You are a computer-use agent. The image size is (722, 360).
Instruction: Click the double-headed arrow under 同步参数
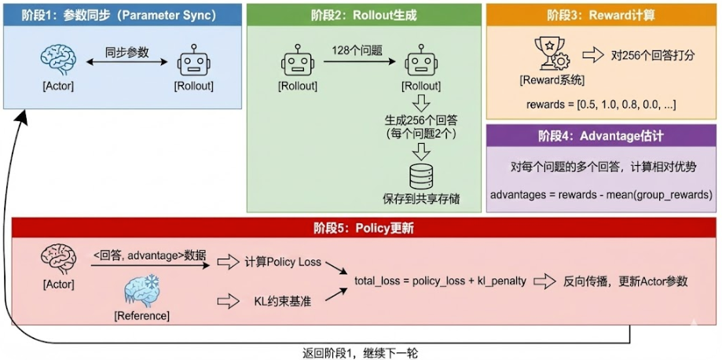(x=126, y=68)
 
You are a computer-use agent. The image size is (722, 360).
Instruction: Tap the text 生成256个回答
(x=423, y=120)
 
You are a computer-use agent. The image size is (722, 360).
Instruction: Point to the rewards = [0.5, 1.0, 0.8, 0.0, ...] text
(x=601, y=104)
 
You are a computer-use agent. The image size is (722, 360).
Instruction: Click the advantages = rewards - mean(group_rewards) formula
(x=601, y=194)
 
